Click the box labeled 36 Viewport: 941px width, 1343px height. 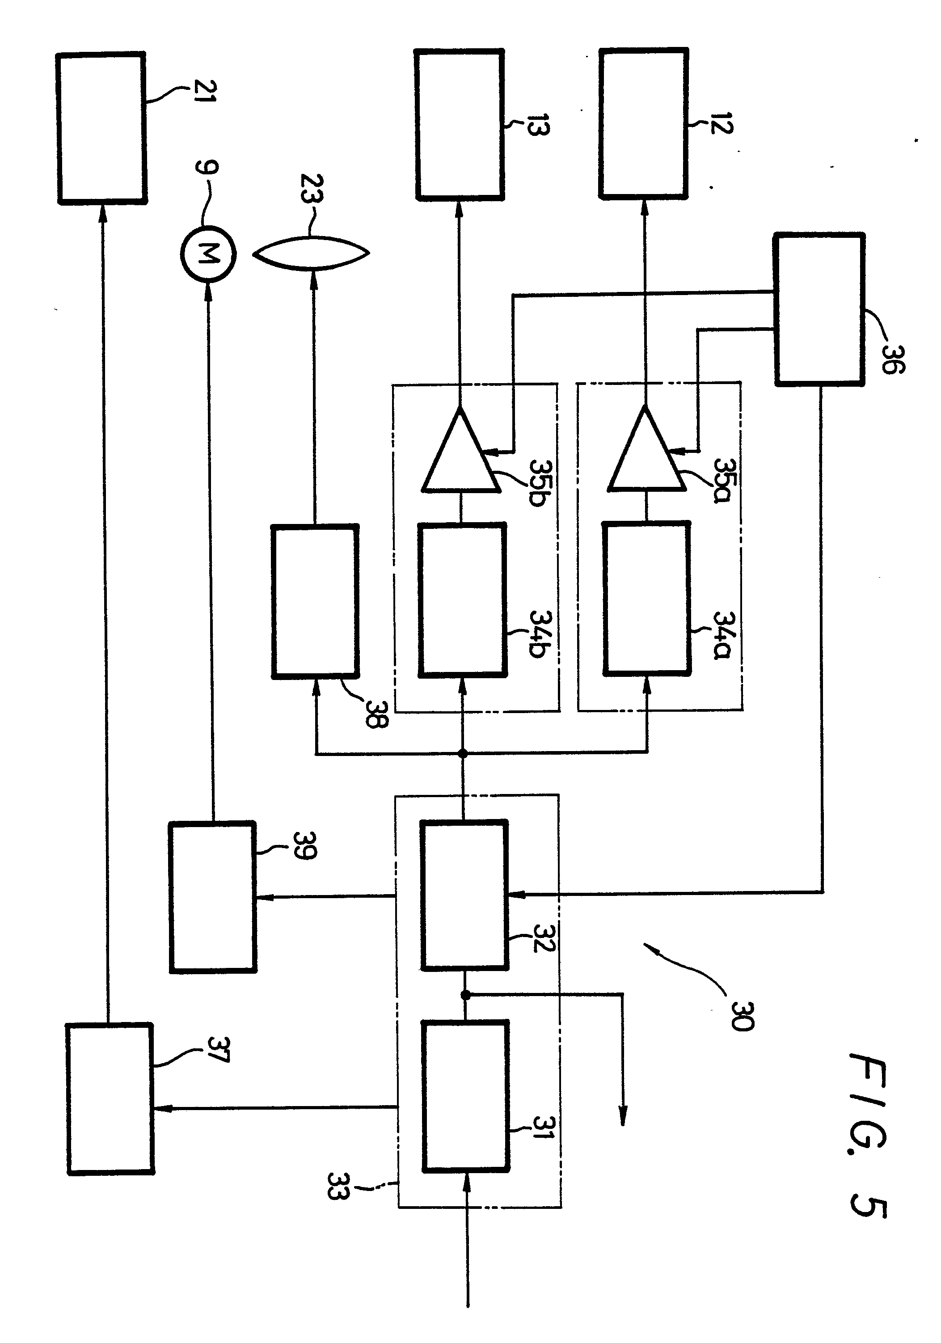click(x=819, y=309)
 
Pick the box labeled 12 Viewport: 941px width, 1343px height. click(x=643, y=124)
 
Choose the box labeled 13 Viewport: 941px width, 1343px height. click(x=460, y=125)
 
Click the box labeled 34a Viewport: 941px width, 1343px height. click(x=646, y=598)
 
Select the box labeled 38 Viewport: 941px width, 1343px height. click(x=315, y=601)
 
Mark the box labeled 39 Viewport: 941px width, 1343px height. click(x=212, y=897)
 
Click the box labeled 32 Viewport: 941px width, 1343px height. click(x=464, y=895)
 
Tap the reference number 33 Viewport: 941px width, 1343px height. click(x=338, y=1186)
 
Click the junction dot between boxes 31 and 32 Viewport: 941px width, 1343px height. click(x=465, y=994)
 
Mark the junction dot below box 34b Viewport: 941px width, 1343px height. click(x=463, y=754)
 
